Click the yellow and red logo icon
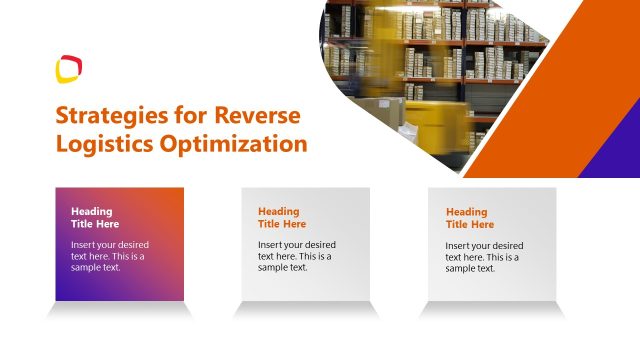click(x=68, y=68)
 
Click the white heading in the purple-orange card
click(x=92, y=218)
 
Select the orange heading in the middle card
click(x=281, y=218)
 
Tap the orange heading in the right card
click(x=468, y=218)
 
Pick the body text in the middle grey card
click(x=296, y=256)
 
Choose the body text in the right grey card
click(x=484, y=256)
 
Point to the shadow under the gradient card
click(x=119, y=310)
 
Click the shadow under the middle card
click(x=306, y=310)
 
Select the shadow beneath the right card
click(x=492, y=310)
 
